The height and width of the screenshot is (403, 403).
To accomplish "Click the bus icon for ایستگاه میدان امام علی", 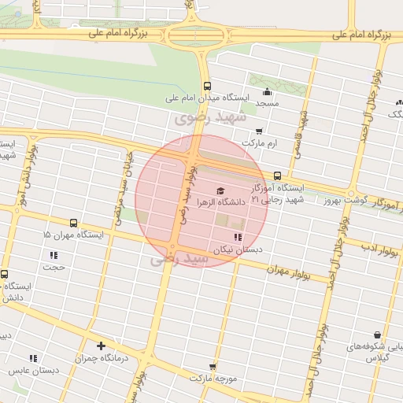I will click(x=206, y=87).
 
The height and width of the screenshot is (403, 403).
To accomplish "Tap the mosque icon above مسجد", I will click(x=268, y=91).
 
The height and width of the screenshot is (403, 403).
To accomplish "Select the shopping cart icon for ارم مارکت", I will click(x=260, y=131).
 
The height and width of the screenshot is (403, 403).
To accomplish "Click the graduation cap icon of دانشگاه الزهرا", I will click(x=220, y=190).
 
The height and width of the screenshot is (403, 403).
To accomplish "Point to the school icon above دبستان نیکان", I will click(x=238, y=237).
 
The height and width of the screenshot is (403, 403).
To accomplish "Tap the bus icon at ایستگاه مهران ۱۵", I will click(x=74, y=224).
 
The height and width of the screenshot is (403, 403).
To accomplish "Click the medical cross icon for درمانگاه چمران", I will click(x=101, y=346).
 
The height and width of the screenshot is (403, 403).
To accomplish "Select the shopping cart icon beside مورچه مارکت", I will click(x=213, y=366).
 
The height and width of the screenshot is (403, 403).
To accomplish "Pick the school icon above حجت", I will click(x=54, y=255).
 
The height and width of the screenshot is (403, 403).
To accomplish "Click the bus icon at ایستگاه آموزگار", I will click(x=277, y=176).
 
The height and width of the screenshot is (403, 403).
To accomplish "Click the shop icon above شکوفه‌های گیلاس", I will click(x=377, y=335).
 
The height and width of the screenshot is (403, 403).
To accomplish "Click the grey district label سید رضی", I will click(x=180, y=257).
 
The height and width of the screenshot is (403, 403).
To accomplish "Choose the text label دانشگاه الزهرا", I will click(x=225, y=202).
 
